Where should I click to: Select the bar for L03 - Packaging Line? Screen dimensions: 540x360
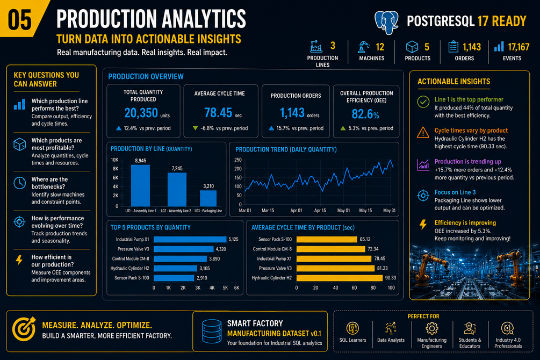click(x=208, y=198)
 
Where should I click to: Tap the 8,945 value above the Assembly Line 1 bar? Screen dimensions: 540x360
click(x=141, y=161)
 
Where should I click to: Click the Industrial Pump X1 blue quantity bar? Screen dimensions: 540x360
click(x=190, y=240)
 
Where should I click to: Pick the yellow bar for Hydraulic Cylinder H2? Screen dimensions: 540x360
click(x=340, y=278)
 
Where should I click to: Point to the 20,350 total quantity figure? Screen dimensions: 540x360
click(x=141, y=113)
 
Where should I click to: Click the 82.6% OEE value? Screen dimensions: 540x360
click(x=365, y=114)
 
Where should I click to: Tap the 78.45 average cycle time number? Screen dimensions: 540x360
click(x=218, y=113)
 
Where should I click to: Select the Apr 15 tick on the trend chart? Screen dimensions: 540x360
click(x=320, y=211)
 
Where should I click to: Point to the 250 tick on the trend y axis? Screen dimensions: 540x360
click(x=238, y=160)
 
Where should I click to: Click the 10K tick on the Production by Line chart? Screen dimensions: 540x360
click(x=114, y=160)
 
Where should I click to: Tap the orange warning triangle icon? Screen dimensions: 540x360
click(x=423, y=133)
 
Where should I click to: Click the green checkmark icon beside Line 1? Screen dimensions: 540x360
click(x=423, y=102)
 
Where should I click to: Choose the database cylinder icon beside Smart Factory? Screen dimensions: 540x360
click(x=212, y=332)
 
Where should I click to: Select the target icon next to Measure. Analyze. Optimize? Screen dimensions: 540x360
click(x=24, y=329)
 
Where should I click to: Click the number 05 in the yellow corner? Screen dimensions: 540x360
click(x=20, y=19)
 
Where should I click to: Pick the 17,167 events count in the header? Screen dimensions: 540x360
click(x=519, y=47)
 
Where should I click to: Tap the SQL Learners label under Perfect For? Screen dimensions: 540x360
click(x=352, y=340)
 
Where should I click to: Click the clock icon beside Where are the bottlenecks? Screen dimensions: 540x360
click(x=20, y=183)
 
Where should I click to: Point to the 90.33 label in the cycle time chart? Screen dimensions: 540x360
click(x=391, y=278)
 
